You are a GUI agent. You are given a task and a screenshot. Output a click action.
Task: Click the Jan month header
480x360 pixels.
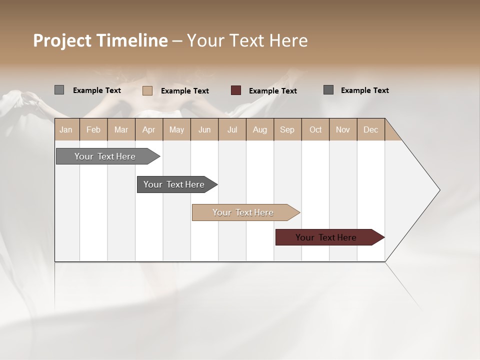click(x=66, y=129)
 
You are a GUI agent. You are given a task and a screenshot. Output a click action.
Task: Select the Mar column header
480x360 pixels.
click(x=121, y=129)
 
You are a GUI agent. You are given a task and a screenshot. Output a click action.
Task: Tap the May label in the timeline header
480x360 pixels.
click(x=176, y=129)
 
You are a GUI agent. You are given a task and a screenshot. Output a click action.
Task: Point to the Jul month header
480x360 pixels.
click(x=232, y=129)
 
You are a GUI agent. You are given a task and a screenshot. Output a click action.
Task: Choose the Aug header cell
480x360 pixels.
click(x=259, y=129)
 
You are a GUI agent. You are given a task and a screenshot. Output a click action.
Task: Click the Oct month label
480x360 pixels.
click(x=315, y=129)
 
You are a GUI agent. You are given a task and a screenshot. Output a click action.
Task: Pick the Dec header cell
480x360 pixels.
click(x=370, y=129)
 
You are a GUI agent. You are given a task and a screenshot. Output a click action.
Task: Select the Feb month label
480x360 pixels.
click(x=93, y=129)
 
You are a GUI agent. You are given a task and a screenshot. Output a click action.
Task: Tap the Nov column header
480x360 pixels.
click(x=343, y=129)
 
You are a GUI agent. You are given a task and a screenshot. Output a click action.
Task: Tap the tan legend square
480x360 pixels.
click(x=147, y=90)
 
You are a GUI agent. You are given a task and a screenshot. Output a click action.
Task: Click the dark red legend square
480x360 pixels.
click(x=236, y=90)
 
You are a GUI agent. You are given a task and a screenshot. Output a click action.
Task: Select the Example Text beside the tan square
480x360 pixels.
click(x=185, y=91)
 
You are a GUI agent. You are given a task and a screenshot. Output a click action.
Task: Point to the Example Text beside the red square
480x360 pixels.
click(x=273, y=91)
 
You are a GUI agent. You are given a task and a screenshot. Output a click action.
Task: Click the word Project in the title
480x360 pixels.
click(x=61, y=40)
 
